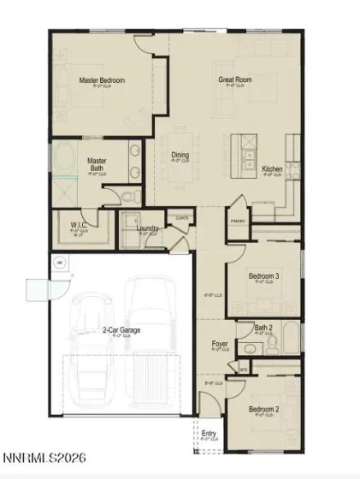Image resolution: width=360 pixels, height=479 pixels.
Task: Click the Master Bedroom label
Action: pos(102,80)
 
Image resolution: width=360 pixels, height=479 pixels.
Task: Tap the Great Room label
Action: pos(234,80)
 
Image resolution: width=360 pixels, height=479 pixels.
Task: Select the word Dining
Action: pos(180,156)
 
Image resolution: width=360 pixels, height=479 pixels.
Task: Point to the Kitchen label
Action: pos(272,169)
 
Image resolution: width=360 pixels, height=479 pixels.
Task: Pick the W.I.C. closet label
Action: pos(80,226)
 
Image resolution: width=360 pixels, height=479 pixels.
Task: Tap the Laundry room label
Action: pos(147,228)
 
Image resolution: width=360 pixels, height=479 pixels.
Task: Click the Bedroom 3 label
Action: pos(263,276)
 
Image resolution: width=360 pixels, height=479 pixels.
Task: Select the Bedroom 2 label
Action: pos(263,409)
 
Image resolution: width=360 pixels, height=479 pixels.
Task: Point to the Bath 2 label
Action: pos(263,327)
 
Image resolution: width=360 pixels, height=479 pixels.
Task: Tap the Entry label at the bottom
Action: pos(209,434)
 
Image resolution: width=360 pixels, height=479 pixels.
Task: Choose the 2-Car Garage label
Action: pos(122,329)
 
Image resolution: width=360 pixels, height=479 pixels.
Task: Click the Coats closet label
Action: pos(181,218)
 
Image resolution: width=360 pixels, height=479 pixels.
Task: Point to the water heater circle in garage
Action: pos(59,263)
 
